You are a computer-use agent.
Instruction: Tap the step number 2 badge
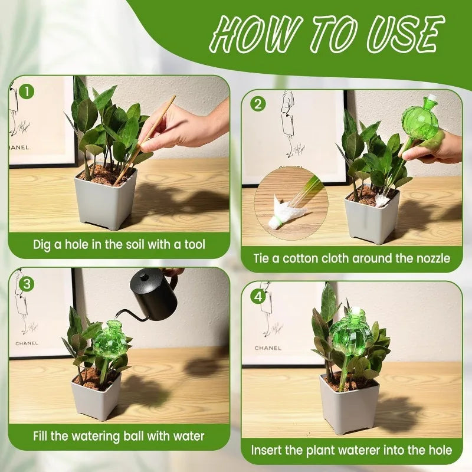click(258, 104)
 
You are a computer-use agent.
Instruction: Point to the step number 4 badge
click(257, 297)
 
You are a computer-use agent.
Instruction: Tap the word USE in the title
click(401, 34)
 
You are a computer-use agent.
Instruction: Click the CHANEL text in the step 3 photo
click(26, 343)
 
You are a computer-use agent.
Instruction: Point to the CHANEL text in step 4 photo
click(268, 348)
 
